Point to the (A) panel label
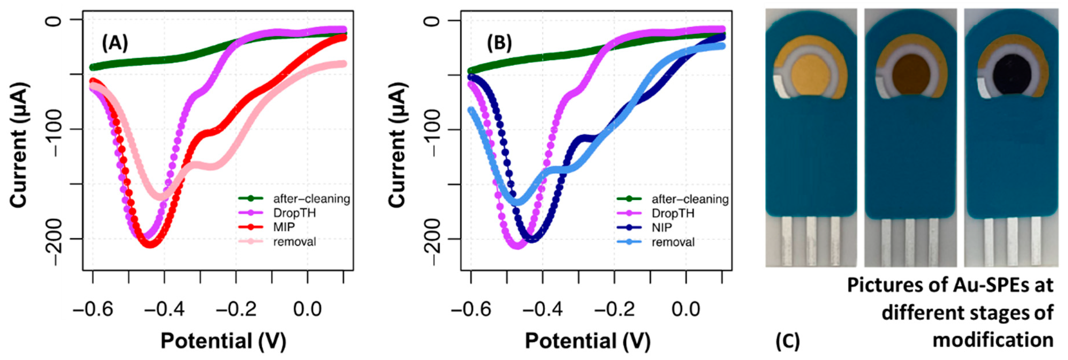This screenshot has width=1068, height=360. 115,43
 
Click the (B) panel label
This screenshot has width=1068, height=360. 499,43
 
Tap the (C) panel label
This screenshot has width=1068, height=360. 787,341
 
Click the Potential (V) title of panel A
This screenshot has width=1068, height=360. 223,341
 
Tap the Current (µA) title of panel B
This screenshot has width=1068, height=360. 397,145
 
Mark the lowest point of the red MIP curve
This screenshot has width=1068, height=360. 150,245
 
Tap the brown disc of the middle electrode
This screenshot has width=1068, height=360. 911,76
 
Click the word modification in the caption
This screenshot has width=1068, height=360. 993,340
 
